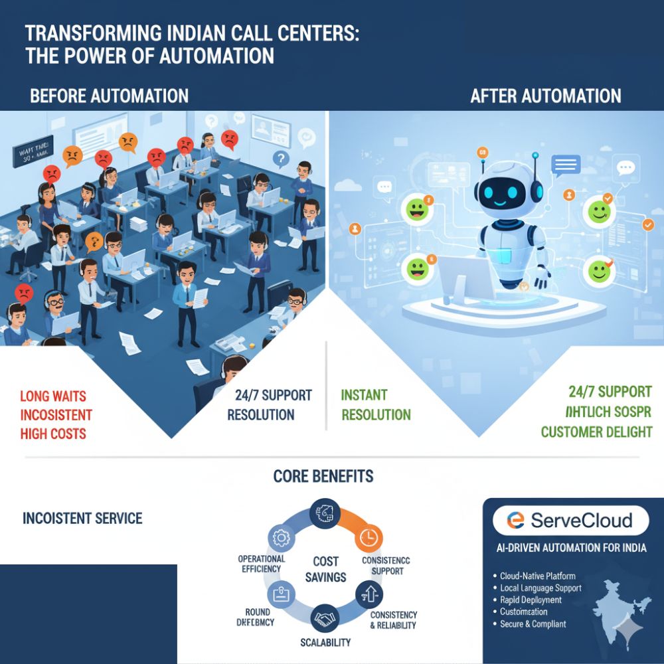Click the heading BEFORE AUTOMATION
pos(110,96)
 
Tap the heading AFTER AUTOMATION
pos(546,96)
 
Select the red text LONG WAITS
pos(53,397)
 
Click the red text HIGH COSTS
pos(53,434)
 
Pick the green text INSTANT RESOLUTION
pos(376,405)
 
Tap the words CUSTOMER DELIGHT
pos(596,432)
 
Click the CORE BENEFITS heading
pos(323,476)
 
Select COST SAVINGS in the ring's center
pos(326,569)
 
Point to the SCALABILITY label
pos(325,643)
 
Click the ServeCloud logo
pos(571,520)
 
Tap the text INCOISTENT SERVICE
pos(82,518)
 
